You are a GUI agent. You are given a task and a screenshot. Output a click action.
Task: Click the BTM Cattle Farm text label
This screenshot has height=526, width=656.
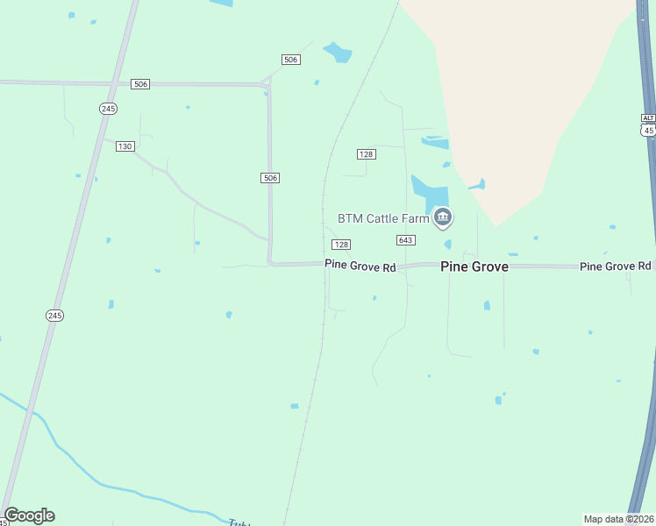383,218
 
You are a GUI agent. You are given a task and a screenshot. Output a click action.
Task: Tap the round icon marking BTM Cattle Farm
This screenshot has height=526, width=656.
443,217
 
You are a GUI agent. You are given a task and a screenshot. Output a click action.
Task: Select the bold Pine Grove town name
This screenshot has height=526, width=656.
474,267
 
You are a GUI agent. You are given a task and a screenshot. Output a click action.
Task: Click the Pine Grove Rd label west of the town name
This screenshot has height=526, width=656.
360,265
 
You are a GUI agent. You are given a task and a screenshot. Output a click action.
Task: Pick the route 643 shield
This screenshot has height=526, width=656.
405,240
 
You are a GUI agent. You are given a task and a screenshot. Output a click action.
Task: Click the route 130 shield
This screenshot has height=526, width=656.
125,146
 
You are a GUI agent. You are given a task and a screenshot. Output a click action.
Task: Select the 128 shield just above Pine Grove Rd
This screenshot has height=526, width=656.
341,245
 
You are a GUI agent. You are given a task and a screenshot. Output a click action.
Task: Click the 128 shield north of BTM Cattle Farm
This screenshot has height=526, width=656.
367,154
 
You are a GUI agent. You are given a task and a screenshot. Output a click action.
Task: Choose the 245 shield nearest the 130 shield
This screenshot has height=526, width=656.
108,109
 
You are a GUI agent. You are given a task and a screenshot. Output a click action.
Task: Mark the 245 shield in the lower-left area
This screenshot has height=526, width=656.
54,315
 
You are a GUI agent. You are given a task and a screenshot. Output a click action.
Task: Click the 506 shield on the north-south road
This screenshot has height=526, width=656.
270,178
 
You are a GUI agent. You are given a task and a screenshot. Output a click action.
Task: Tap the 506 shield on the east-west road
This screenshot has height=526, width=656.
140,84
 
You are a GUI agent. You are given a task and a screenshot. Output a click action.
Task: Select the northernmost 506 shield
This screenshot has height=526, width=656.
291,60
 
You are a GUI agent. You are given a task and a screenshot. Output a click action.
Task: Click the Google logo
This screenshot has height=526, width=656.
29,515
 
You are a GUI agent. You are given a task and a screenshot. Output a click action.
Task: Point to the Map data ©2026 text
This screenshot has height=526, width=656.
618,518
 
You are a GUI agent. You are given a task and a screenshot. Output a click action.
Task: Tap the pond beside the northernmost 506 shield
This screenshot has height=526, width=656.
338,52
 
